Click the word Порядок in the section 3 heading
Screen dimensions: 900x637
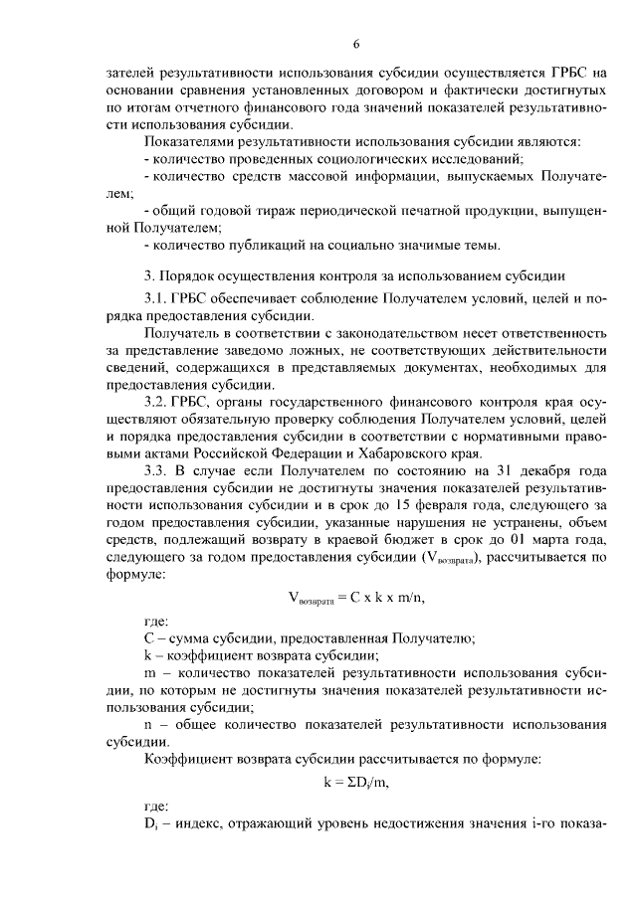tap(187, 275)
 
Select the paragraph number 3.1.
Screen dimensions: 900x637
tap(158, 299)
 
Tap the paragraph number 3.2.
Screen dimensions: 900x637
tap(158, 400)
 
